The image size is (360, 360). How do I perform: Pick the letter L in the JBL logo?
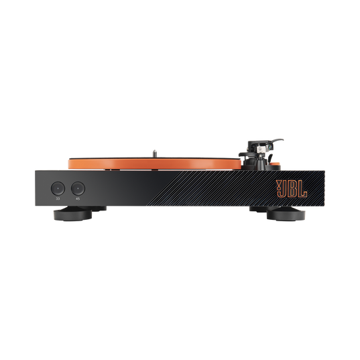coord(303,188)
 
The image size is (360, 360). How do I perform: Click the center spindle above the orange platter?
coord(153,151)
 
